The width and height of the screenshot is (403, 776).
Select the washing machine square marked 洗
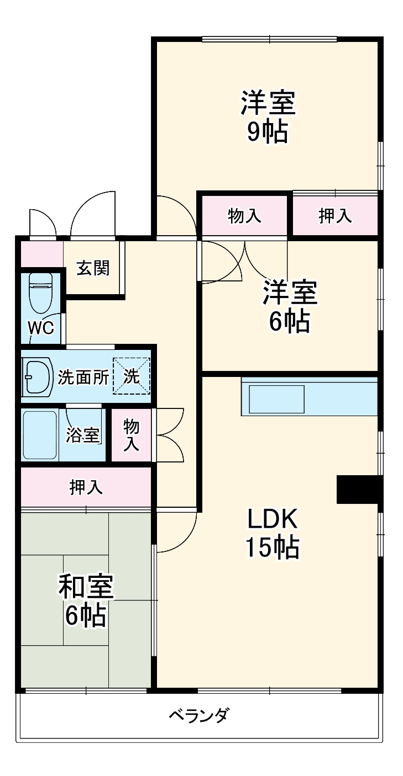[x=132, y=376]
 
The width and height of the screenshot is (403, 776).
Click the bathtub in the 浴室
[x=40, y=435]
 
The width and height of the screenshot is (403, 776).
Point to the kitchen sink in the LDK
[x=277, y=399]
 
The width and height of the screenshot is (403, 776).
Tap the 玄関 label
[x=93, y=268]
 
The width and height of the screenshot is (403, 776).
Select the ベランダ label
[x=198, y=716]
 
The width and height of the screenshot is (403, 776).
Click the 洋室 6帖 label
[x=289, y=307]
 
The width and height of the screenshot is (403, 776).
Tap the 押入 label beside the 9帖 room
[x=335, y=216]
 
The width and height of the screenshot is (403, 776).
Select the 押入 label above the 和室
[x=86, y=487]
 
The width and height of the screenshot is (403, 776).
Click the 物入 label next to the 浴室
[x=131, y=435]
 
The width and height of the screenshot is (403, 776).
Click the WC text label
[x=41, y=328]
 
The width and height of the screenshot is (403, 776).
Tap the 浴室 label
[x=83, y=435]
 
